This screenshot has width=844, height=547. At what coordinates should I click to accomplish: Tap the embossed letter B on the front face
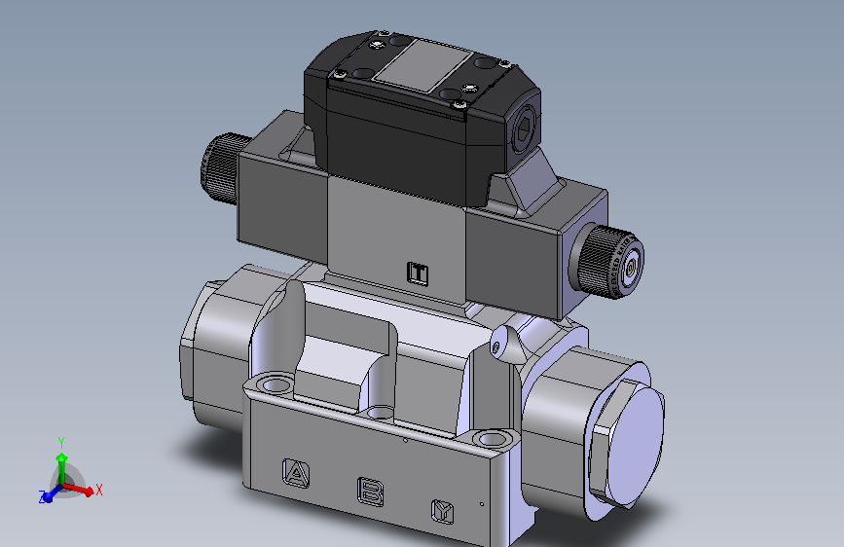point(371,491)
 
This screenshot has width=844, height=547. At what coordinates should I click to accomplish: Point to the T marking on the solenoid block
point(418,273)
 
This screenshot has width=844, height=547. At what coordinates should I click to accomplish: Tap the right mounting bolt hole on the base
point(495,439)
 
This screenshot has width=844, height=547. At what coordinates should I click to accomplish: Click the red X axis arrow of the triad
point(82,491)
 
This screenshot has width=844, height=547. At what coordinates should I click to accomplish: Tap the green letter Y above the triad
point(60,441)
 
